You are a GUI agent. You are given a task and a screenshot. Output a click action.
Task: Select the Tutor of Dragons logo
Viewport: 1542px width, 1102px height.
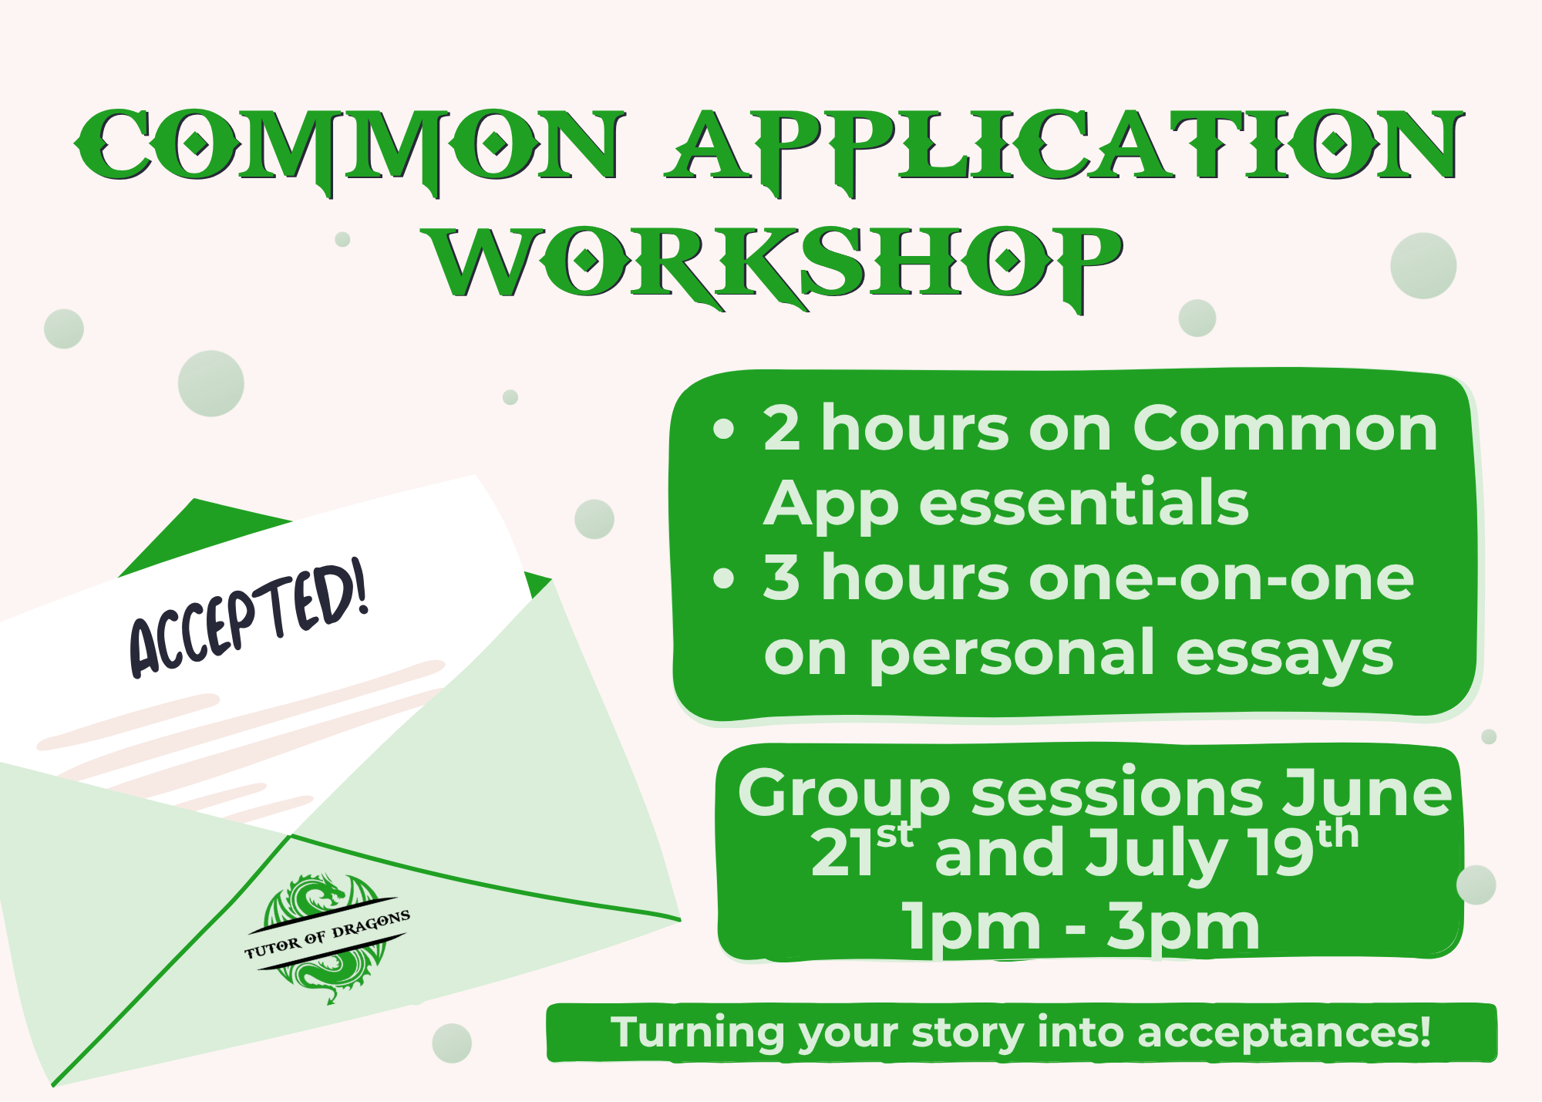[327, 938]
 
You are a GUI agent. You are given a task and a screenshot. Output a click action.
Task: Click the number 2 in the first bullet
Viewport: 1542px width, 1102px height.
[781, 429]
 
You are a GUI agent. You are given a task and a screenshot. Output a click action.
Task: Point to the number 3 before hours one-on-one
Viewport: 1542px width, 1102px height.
[781, 578]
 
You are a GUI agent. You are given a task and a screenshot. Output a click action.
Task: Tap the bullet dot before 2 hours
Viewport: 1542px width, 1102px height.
[724, 429]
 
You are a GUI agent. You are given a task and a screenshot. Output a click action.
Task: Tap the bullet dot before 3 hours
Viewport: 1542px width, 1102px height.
[724, 578]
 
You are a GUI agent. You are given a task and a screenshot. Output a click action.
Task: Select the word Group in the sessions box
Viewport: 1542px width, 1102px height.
[843, 794]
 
